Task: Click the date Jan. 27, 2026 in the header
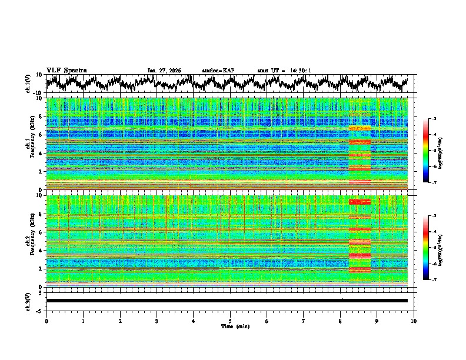164,71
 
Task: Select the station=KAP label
218,71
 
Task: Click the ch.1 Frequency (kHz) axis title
31,144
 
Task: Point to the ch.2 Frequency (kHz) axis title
31,241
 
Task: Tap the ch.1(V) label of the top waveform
28,84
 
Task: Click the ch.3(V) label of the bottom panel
28,300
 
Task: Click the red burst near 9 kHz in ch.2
360,202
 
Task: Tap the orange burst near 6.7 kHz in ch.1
360,128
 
